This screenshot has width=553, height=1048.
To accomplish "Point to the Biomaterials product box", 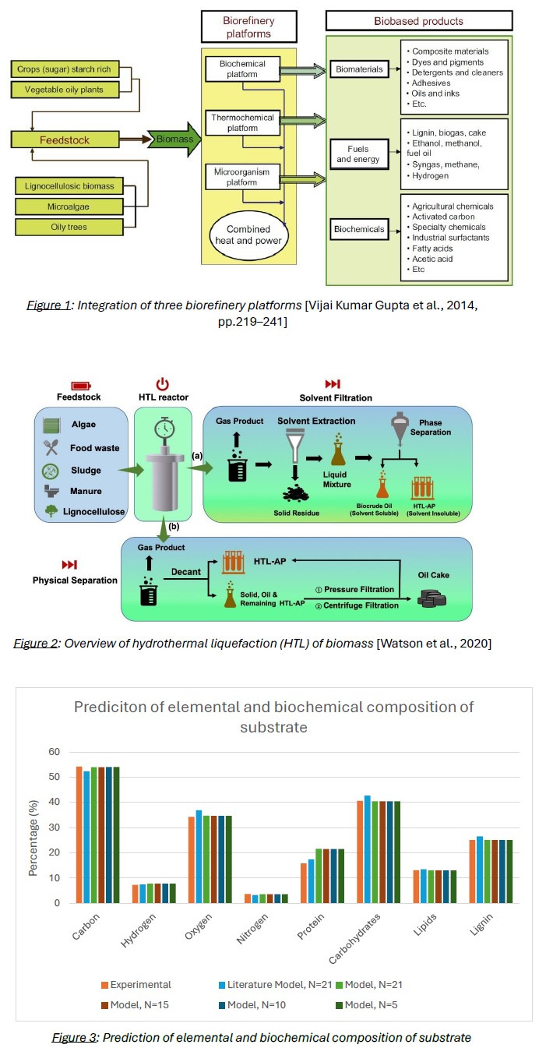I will point(359,69).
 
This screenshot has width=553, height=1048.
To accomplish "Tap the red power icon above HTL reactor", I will point(162,384).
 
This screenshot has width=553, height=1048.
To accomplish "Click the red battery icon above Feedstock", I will point(80,385).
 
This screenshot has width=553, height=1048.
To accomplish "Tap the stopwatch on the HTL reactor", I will point(163,430).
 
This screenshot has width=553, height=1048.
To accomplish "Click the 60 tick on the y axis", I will point(55,752).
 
